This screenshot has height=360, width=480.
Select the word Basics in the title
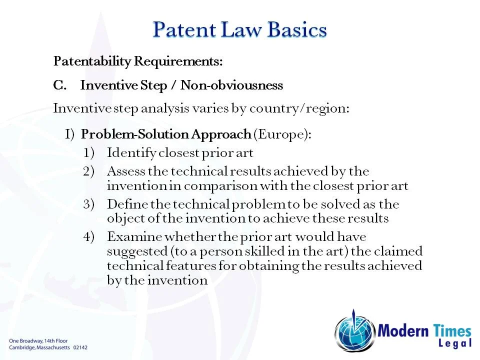point(297,30)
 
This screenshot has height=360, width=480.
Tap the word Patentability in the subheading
point(91,62)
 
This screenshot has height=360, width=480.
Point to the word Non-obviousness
point(231,85)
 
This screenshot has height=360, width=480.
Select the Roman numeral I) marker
point(69,134)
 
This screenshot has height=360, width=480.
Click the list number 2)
point(89,171)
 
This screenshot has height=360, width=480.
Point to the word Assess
point(126,171)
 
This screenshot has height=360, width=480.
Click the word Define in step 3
point(124,204)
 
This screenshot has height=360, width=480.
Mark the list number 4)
point(89,236)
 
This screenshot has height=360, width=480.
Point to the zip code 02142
point(80,347)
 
